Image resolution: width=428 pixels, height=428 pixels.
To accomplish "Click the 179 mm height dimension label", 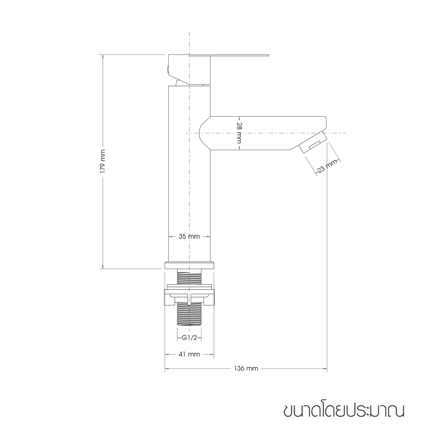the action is click(x=103, y=161).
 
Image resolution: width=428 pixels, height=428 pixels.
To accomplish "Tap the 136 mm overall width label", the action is click(x=246, y=369).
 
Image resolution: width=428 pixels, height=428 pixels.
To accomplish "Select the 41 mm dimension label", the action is click(x=189, y=354).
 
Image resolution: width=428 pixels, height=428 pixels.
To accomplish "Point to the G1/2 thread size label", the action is click(x=189, y=338).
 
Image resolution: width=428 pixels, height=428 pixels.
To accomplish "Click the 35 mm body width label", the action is click(x=189, y=237).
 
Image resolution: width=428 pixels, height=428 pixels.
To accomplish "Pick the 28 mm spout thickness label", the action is click(x=239, y=133).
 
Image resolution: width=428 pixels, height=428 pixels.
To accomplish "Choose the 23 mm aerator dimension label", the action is click(x=326, y=167).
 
